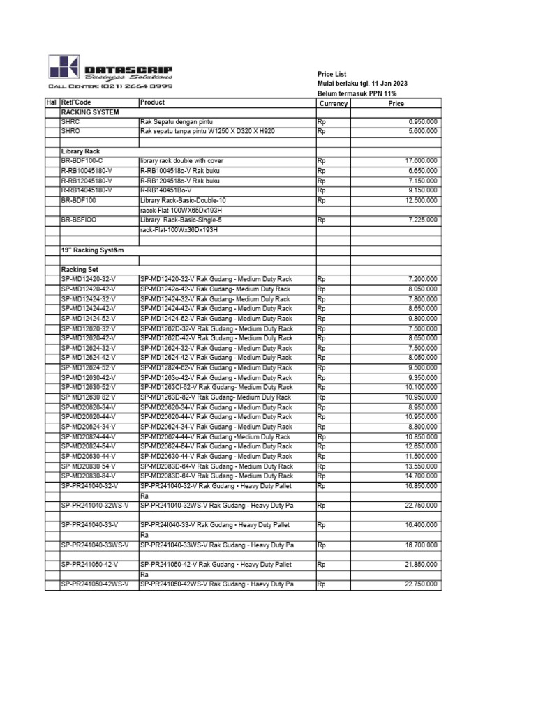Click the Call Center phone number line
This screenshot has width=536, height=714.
tap(110, 86)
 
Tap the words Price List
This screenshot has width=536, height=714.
tap(332, 74)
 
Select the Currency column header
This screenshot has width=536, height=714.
tap(333, 103)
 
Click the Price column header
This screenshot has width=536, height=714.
tap(396, 103)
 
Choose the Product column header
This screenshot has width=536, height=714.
tap(152, 102)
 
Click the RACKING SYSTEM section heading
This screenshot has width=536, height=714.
tap(90, 112)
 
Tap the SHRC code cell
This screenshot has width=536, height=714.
tap(71, 121)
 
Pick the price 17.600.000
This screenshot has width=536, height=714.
tap(421, 160)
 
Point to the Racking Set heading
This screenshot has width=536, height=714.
tap(80, 268)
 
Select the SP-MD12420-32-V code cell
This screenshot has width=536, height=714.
tap(89, 279)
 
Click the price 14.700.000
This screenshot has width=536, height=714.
tap(421, 476)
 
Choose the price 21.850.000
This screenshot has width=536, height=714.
tap(421, 565)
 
